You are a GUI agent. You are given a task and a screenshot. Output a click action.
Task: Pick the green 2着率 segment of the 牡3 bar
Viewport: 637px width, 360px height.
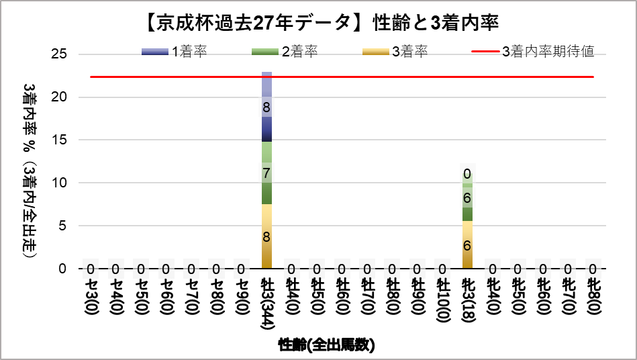[266, 173]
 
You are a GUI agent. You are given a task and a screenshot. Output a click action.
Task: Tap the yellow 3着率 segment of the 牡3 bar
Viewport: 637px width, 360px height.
[266, 236]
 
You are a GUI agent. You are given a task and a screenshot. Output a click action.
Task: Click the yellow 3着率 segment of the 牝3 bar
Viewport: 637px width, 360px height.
[467, 245]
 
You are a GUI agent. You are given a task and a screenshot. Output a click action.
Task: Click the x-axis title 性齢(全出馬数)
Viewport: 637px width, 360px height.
[326, 346]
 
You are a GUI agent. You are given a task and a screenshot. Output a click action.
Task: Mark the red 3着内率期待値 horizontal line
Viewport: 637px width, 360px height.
[403, 77]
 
